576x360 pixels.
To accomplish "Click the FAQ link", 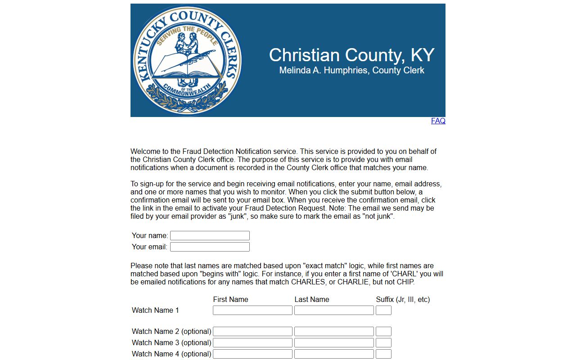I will [438, 121].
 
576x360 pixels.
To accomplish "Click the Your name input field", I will [210, 236].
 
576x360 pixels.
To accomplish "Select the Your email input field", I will [210, 247].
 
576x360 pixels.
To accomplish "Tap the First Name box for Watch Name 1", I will [252, 310].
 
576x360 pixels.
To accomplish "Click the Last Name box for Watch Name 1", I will [334, 310].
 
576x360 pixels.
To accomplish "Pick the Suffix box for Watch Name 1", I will [383, 310].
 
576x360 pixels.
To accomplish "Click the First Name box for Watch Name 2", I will [252, 332].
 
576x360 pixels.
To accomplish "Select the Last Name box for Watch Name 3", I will [334, 343].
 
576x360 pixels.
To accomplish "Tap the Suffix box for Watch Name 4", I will [383, 354].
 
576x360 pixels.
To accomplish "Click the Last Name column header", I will [312, 300].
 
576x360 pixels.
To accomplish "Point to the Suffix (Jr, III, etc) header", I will [403, 300].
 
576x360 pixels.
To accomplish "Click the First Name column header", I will [230, 300].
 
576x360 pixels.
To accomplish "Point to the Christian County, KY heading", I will [351, 55].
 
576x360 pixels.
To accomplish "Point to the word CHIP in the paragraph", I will [405, 282].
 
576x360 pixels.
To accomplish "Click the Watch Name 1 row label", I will [155, 310].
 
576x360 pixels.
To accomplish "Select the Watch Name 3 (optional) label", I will [171, 343].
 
